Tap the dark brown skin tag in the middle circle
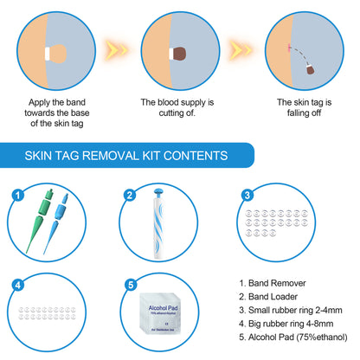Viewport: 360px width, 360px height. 178,53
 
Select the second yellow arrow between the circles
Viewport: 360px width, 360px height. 241,49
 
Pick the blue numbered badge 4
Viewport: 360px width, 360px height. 15,283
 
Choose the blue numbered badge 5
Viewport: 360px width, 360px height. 129,283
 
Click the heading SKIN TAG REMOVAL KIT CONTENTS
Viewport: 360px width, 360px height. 127,156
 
